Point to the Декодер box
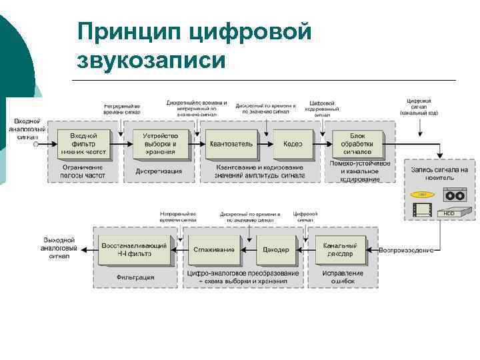[x=275, y=250]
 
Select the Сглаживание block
[x=213, y=250]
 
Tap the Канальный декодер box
[x=340, y=250]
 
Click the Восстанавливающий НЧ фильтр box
[x=135, y=250]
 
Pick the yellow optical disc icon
[x=419, y=195]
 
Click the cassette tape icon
[x=457, y=196]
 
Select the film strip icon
[x=421, y=211]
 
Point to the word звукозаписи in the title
[x=151, y=61]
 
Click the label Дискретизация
[x=159, y=171]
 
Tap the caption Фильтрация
[x=135, y=277]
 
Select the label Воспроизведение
[x=407, y=250]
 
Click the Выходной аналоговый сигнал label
[x=59, y=247]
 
